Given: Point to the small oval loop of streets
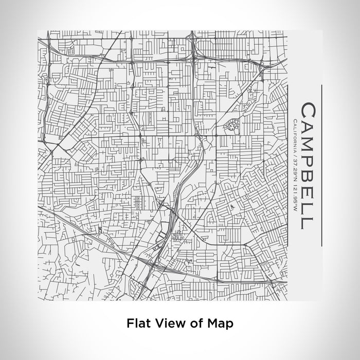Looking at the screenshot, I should pos(231,125).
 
